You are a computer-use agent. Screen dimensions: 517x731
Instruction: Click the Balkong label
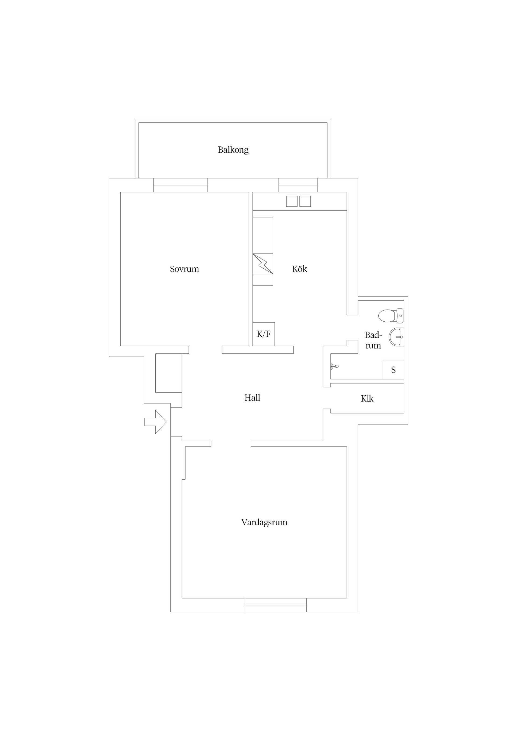[x=233, y=150]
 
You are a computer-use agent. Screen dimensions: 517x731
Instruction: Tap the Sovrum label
[x=184, y=269]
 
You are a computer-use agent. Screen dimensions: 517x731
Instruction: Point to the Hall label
[x=252, y=398]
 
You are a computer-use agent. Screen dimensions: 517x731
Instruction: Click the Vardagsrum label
[x=264, y=522]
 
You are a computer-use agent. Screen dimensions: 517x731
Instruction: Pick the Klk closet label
[x=367, y=398]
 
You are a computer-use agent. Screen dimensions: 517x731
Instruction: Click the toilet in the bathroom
[x=391, y=315]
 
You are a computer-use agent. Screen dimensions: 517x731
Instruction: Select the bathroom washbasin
[x=396, y=336]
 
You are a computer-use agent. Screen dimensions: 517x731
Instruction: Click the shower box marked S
[x=393, y=369]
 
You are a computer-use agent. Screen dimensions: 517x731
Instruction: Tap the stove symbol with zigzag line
[x=263, y=263]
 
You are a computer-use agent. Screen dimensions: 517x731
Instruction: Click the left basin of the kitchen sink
[x=292, y=201]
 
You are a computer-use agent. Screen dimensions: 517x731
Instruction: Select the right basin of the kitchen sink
[x=305, y=201]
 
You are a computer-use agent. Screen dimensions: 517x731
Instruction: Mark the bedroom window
[x=180, y=185]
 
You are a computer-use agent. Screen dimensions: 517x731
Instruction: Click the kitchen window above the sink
[x=298, y=185]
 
